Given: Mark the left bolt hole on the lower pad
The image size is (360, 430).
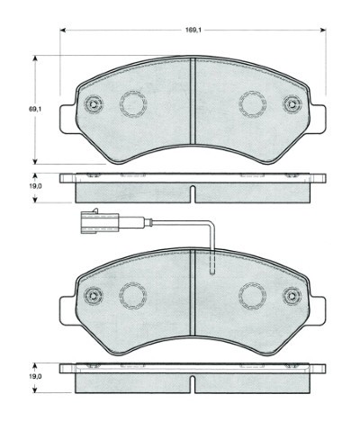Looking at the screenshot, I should [92, 294].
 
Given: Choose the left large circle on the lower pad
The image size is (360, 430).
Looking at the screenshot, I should [133, 294].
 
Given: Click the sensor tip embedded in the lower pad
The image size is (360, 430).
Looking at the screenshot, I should [211, 264].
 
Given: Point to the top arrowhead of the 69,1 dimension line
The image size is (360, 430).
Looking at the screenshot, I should [35, 58].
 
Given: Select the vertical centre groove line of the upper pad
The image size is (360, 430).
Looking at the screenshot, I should [192, 99].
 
